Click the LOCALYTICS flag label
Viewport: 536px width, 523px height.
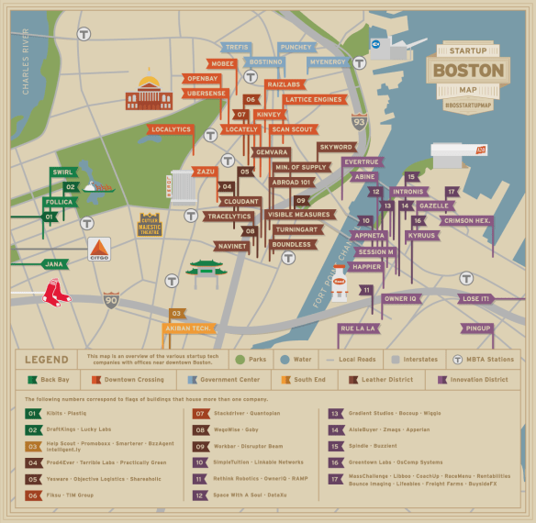pos(172,130)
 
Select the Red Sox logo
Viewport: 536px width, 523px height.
pos(56,293)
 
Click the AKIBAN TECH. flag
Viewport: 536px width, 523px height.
pos(189,328)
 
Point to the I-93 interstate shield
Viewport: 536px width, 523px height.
pos(360,121)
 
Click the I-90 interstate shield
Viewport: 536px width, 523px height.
pos(111,299)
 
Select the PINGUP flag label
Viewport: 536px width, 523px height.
pos(478,328)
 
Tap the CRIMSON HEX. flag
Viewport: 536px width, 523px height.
pos(468,221)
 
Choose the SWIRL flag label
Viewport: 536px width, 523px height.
pos(62,172)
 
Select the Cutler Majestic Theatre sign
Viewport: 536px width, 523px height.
pos(150,225)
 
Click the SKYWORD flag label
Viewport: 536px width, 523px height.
pos(336,147)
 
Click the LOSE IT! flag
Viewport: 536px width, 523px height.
pos(475,298)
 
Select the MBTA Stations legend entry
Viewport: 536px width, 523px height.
pos(486,360)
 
